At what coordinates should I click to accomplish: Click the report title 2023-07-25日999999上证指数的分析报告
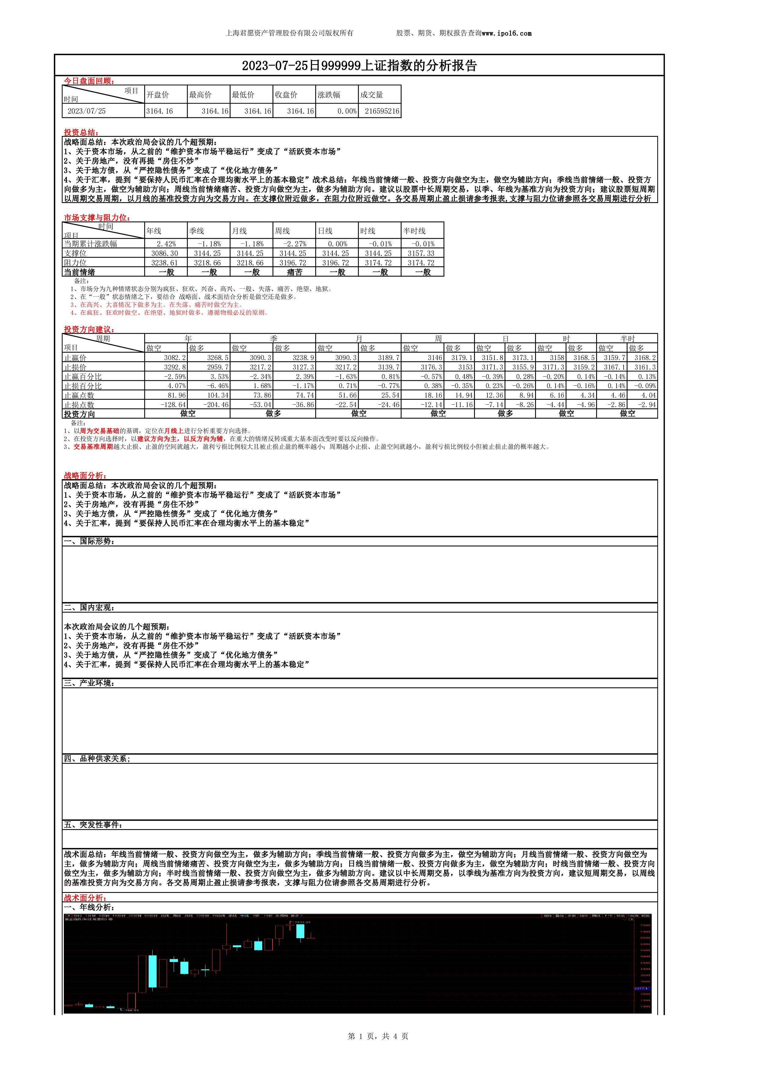pos(359,66)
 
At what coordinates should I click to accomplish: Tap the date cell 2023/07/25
pos(87,111)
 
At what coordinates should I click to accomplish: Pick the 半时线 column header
pos(415,231)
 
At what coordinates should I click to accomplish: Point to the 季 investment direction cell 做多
pos(273,414)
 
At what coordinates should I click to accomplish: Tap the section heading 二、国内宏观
pos(89,608)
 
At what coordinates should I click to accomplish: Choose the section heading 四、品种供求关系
pos(96,759)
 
